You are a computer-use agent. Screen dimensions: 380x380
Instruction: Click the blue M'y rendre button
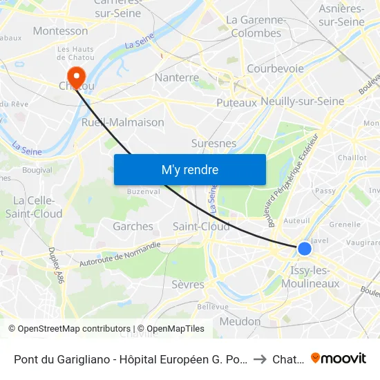point(189,170)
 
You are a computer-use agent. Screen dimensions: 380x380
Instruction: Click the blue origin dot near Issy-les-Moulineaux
point(304,249)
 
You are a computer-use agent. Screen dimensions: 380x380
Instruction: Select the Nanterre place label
point(177,77)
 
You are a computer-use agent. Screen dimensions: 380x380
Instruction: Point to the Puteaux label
point(236,102)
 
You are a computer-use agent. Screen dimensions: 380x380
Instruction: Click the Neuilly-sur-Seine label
point(303,101)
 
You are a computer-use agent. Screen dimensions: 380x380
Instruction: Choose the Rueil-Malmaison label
point(123,122)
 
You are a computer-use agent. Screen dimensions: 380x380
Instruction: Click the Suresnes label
point(213,144)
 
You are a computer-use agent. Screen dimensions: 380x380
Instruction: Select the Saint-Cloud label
point(201,227)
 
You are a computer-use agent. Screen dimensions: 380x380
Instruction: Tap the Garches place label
point(133,227)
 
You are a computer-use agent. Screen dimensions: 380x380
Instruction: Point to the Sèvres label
point(188,284)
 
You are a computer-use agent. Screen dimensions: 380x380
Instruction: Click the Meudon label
point(240,321)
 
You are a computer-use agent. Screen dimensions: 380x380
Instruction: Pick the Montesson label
point(60,31)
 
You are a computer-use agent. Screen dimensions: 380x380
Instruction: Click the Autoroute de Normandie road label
point(120,253)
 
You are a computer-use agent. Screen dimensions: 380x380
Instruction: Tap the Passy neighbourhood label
point(325,191)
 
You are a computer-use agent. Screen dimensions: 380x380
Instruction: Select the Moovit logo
point(339,359)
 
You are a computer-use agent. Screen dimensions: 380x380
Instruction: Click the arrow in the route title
point(259,359)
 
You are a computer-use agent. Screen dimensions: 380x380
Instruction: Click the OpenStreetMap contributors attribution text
point(68,329)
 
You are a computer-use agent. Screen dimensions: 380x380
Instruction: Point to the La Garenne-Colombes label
point(254,26)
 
